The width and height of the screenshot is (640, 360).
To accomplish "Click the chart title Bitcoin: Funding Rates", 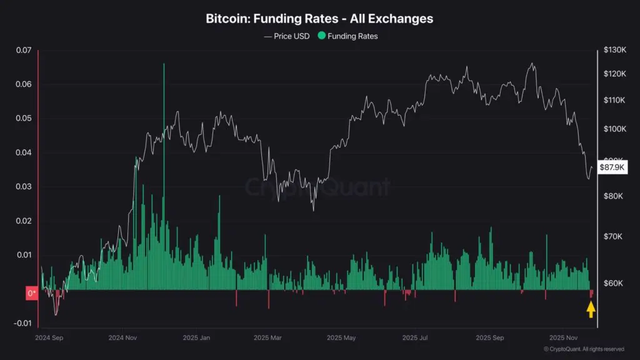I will pos(319,19).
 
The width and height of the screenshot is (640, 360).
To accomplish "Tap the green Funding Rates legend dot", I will pos(322,36).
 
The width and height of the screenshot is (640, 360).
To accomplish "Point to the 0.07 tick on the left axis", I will pos(23,51).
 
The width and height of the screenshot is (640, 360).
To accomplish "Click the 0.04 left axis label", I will pos(23,152).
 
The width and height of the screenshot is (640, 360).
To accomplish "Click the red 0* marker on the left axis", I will pos(31,292).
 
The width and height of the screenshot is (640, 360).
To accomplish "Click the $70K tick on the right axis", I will pos(614,237).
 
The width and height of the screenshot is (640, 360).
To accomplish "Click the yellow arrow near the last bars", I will pos(591,309).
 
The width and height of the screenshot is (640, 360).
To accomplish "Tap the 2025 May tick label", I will pos(342,337).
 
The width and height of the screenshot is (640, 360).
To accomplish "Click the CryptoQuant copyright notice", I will pos(582,349).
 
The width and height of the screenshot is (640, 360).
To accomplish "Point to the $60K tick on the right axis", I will pos(614,284).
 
